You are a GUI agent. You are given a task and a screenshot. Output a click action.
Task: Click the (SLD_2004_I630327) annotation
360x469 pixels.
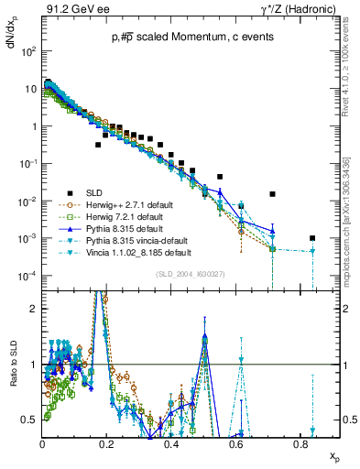click(x=186, y=274)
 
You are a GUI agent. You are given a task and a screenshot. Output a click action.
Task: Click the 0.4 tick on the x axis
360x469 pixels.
click(x=171, y=442)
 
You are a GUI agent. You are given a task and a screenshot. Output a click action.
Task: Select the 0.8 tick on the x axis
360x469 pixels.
click(x=300, y=442)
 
